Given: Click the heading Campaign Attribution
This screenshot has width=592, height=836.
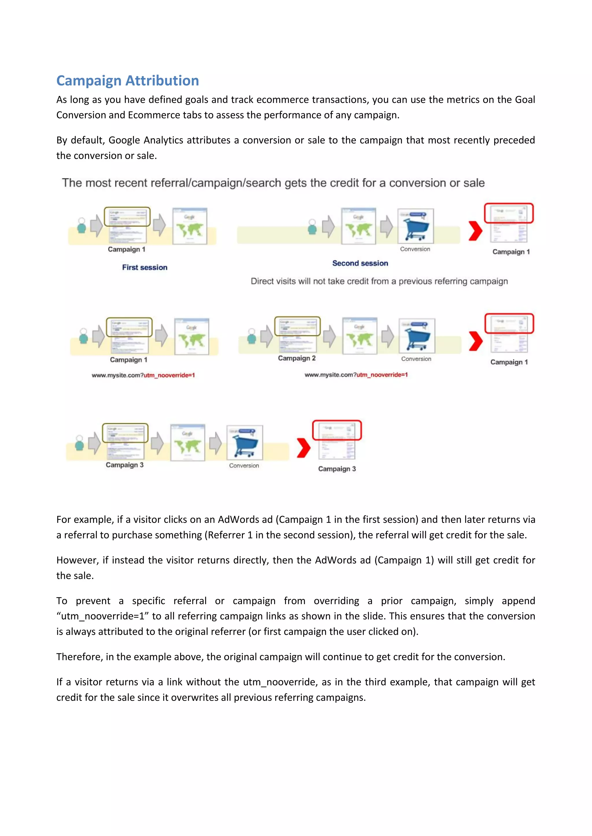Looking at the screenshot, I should coord(127,81).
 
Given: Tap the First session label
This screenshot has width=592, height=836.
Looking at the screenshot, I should coord(145,267).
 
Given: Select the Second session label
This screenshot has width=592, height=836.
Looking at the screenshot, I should coord(360,263).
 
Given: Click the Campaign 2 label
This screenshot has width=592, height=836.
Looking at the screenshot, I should coord(297,358).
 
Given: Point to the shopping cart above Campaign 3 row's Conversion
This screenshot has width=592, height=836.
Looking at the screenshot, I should coord(245,443).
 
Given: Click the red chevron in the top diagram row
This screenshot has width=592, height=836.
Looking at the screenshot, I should coord(475,231).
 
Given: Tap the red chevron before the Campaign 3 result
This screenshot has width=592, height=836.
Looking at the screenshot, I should coord(303,447).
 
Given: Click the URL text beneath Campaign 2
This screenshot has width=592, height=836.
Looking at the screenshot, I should coord(356,375).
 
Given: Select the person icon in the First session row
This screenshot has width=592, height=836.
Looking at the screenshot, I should coord(82,225).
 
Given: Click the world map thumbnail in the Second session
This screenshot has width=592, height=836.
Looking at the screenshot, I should coord(358,226).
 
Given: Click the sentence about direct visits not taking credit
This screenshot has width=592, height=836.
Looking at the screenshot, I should coord(379,281).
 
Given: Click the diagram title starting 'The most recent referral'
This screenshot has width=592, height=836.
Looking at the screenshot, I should coord(273,183).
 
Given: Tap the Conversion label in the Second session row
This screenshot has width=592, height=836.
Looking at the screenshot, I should coord(415,249).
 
